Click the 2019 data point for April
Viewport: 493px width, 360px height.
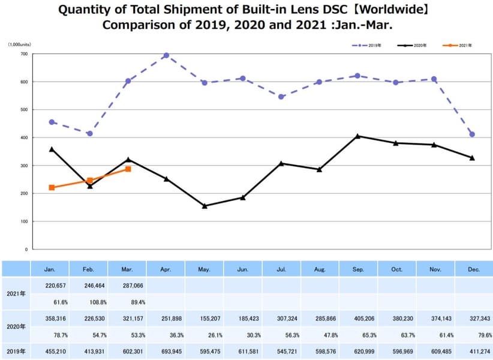click(x=166, y=56)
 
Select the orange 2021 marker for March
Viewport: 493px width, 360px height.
click(x=128, y=169)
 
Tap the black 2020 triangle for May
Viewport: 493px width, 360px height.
click(x=205, y=206)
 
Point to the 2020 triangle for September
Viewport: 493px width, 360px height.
click(x=357, y=136)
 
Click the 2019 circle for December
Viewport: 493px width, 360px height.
click(x=472, y=134)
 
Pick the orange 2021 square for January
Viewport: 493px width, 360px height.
click(x=52, y=188)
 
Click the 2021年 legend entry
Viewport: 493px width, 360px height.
click(x=458, y=46)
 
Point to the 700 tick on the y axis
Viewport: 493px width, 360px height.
click(x=24, y=54)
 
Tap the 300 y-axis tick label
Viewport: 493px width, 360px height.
click(x=24, y=166)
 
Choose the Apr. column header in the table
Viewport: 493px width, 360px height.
click(x=166, y=269)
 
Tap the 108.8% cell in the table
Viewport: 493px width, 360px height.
click(x=89, y=302)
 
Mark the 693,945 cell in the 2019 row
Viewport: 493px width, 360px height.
click(x=166, y=352)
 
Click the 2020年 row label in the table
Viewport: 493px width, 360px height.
click(x=16, y=327)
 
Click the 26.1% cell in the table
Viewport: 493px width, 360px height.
click(x=205, y=335)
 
